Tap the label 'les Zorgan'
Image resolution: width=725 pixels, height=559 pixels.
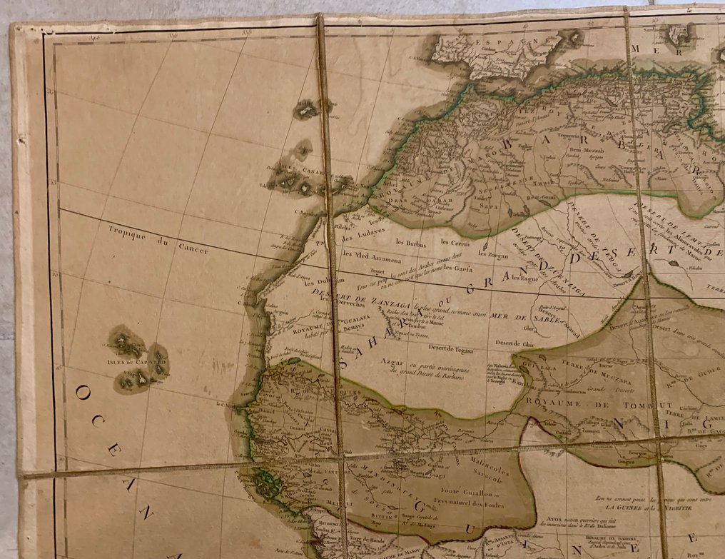coord(493,253)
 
